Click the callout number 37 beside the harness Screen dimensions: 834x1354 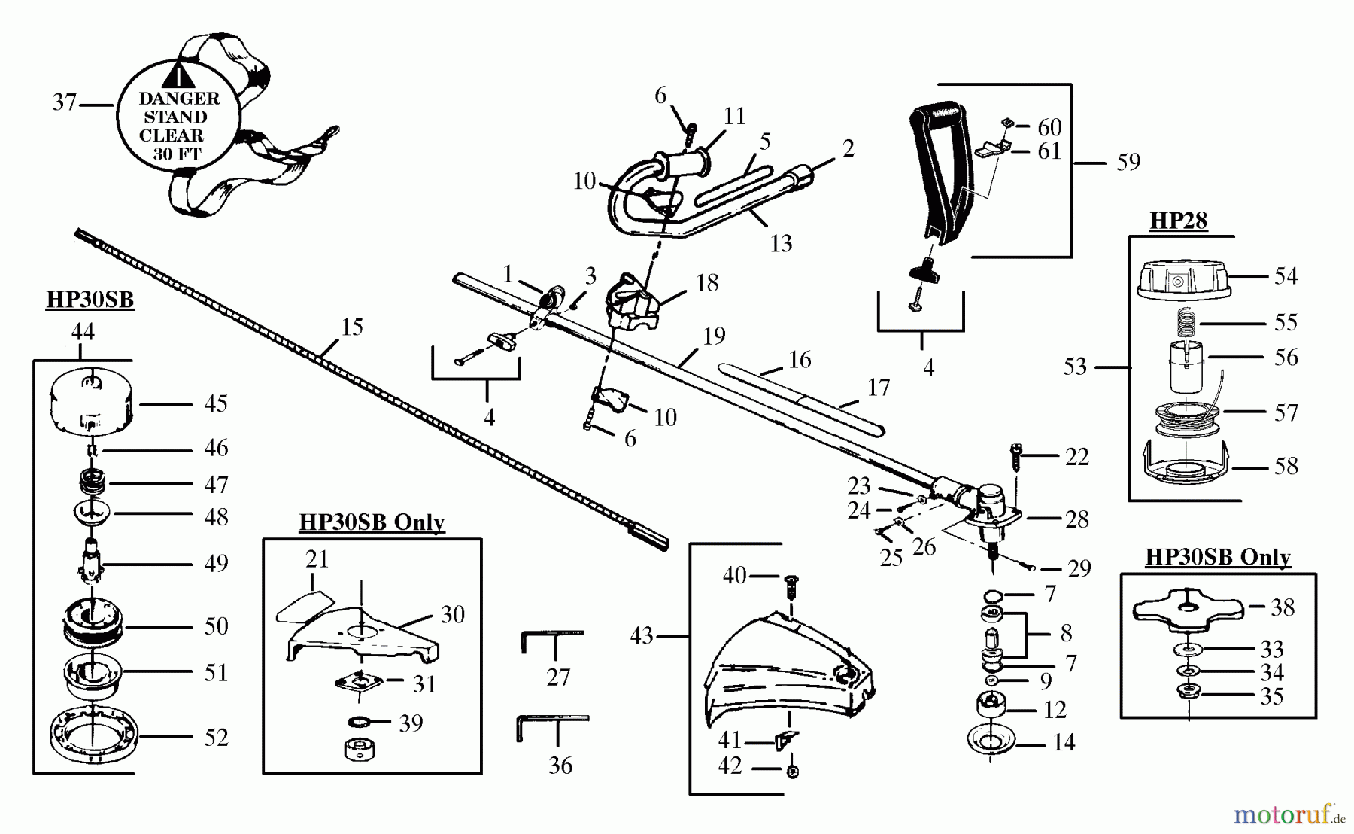(65, 102)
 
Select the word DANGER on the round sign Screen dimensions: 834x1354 (180, 99)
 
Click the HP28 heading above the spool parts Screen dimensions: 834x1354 (1178, 221)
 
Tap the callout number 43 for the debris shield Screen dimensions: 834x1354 (642, 636)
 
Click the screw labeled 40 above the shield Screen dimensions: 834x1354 (791, 583)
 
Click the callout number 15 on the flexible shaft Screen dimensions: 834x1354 (352, 327)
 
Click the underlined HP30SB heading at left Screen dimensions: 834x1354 (90, 300)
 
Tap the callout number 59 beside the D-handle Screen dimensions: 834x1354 (1128, 162)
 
